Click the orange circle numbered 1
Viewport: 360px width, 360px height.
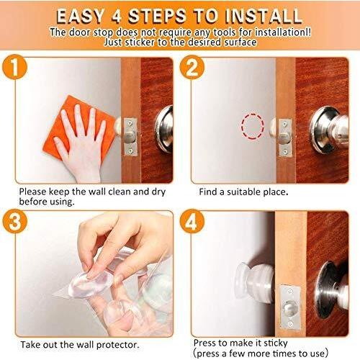tap(14, 67)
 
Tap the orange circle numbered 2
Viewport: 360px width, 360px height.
tap(192, 67)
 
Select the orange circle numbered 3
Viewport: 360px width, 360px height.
tap(15, 221)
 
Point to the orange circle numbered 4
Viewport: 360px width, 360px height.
tap(192, 221)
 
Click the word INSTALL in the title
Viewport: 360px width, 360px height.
tap(263, 17)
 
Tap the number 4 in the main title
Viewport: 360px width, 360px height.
tap(116, 17)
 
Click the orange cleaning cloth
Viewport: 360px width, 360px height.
tap(79, 128)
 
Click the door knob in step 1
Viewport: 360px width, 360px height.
tap(164, 129)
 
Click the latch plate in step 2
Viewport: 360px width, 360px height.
tap(285, 138)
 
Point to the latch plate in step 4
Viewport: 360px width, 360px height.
tap(290, 307)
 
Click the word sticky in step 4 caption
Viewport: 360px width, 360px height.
tap(276, 343)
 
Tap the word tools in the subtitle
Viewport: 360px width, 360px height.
tap(225, 32)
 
